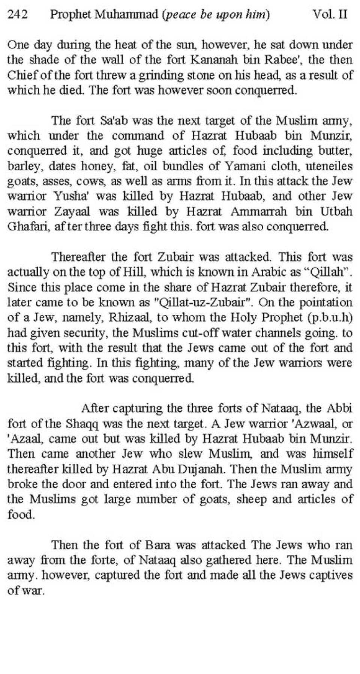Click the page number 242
[x=18, y=15]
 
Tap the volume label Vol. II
[x=330, y=15]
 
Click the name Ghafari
[x=25, y=227]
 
